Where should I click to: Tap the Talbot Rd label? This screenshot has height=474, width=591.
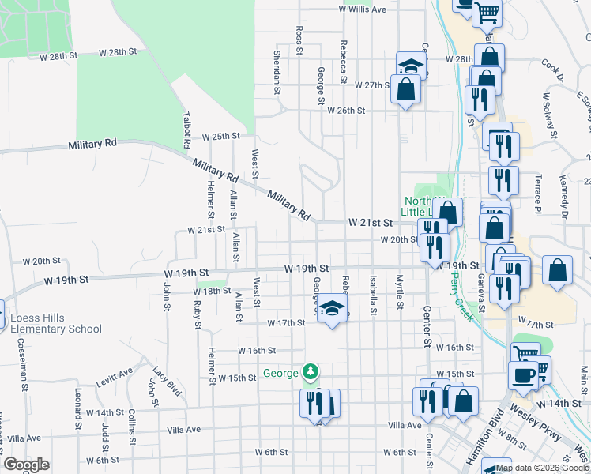(x=186, y=135)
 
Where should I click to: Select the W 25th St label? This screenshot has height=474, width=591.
(x=220, y=137)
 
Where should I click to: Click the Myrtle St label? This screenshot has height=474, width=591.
(x=401, y=292)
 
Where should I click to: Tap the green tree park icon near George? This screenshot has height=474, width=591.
(x=312, y=372)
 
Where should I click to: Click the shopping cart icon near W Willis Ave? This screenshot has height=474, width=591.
(x=487, y=12)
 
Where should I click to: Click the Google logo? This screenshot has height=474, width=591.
(x=26, y=465)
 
